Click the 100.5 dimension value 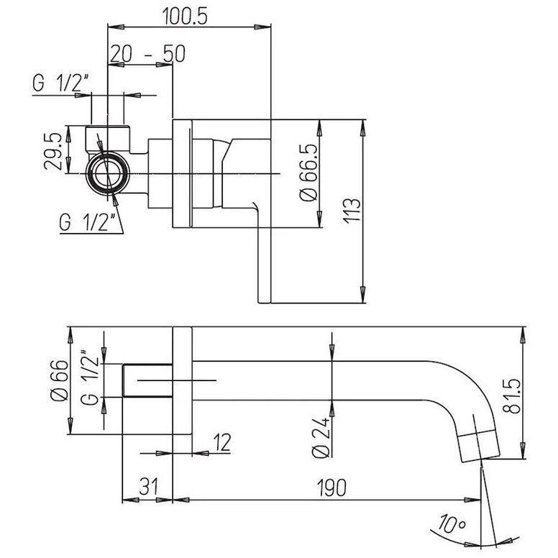tap(185, 16)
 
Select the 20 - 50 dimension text tap(147, 54)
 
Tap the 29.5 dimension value tap(53, 151)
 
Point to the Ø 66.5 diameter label tap(308, 173)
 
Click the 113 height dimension tap(352, 211)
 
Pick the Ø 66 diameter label tap(59, 381)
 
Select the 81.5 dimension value tap(512, 396)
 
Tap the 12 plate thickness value tap(222, 442)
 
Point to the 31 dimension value tap(148, 487)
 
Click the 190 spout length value tap(331, 488)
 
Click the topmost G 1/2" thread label tap(60, 83)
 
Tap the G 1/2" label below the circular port tap(88, 223)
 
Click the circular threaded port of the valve tap(108, 174)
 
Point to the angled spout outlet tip tap(479, 446)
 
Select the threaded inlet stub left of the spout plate tap(147, 380)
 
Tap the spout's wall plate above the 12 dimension tap(182, 380)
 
